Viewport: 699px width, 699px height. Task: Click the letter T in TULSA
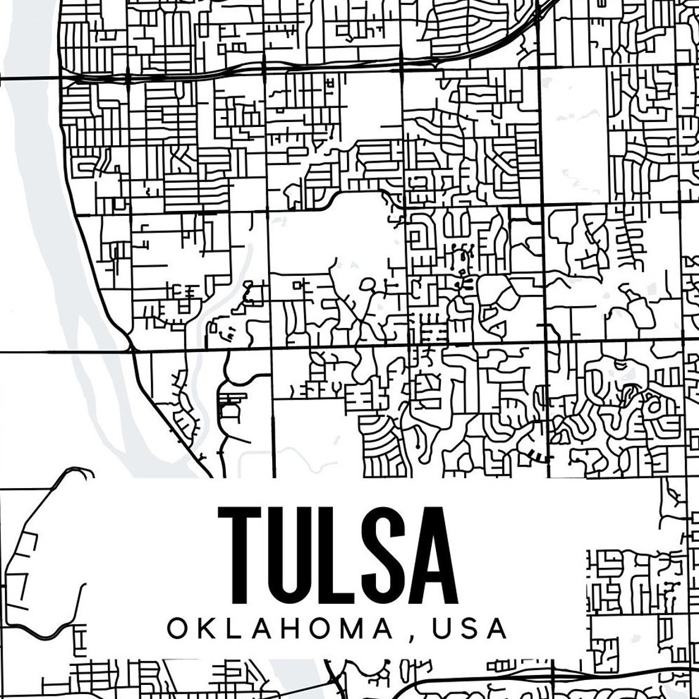[237, 556]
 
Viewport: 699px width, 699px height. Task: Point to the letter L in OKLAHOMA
[235, 629]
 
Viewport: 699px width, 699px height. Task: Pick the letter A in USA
[497, 629]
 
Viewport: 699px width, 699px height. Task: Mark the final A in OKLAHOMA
[386, 629]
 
